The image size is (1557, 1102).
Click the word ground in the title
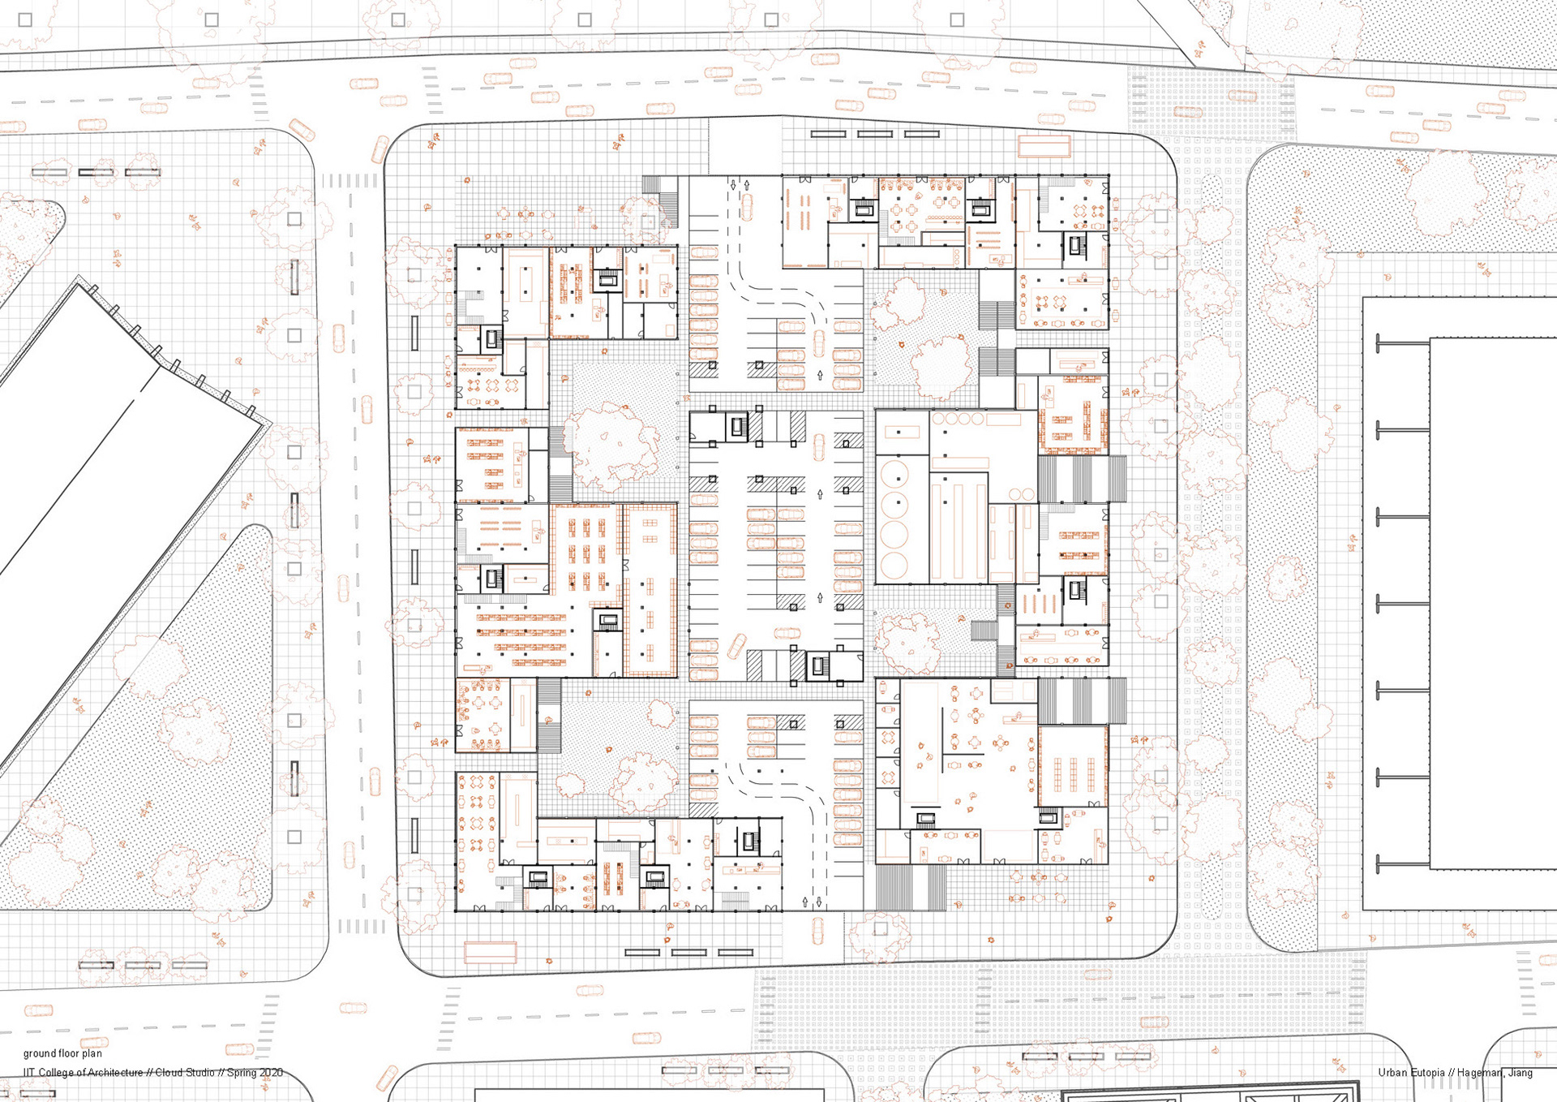coord(40,1054)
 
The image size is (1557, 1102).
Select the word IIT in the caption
coord(28,1073)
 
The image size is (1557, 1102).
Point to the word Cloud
coord(169,1073)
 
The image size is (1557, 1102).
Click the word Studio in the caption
coord(199,1073)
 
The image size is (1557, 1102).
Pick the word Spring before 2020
coord(242,1073)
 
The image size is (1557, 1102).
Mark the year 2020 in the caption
coord(272,1073)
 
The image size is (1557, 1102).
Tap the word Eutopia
coord(1427,1073)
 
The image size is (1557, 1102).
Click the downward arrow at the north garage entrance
coord(733,185)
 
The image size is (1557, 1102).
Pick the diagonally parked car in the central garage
coord(736,647)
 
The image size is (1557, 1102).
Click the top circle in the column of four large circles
coord(894,471)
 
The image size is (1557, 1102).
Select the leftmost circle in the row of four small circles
coord(940,418)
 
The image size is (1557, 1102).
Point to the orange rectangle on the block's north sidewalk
coord(1044,146)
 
